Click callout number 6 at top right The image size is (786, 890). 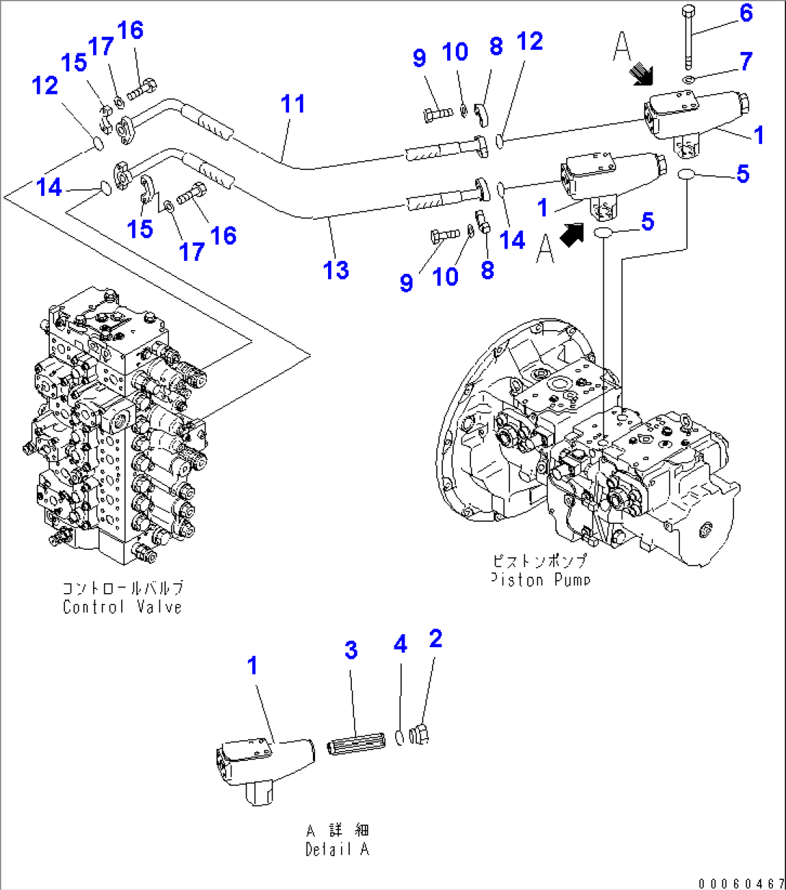[746, 13]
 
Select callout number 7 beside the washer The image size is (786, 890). [746, 61]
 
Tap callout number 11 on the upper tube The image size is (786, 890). [293, 104]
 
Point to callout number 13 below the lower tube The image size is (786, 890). [336, 270]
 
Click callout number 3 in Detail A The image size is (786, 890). [350, 650]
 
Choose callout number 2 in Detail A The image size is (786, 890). [435, 638]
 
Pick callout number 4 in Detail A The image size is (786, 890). [400, 644]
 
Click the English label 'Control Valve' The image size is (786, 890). [122, 607]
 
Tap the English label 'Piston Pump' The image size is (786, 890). [540, 579]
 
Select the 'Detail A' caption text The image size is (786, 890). [337, 850]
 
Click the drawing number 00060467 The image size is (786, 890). [741, 883]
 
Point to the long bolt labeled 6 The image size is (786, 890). [688, 36]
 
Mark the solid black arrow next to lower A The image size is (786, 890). [572, 234]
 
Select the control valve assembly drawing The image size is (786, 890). [115, 425]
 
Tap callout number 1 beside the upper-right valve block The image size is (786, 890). [758, 135]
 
